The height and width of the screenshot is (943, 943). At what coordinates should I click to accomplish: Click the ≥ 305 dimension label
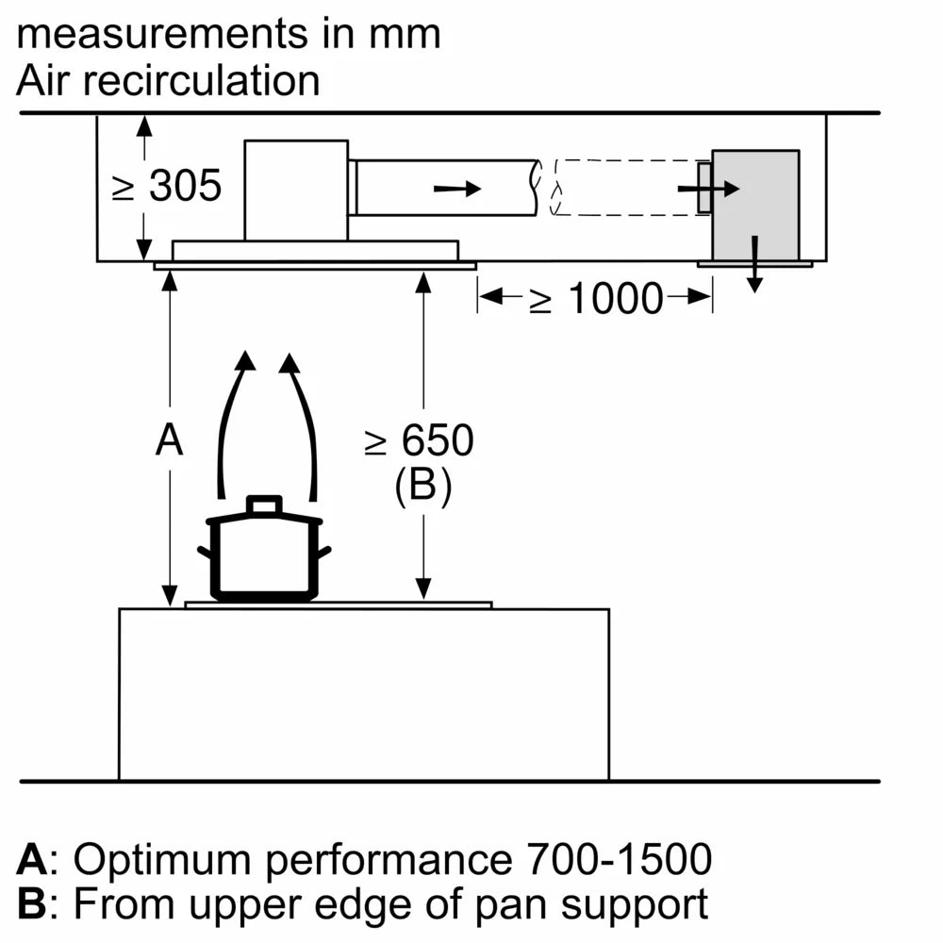coord(167,186)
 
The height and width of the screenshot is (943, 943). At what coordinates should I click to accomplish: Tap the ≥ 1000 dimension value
coord(595,299)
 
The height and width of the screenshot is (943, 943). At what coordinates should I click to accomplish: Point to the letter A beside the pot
coord(169,440)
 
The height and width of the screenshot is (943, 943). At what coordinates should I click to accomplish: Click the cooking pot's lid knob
coord(264,505)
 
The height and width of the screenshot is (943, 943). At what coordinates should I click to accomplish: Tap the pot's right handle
coord(324,552)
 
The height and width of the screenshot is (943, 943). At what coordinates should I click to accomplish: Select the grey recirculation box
coord(754,206)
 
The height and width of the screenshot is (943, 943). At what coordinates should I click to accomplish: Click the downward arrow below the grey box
coord(754,266)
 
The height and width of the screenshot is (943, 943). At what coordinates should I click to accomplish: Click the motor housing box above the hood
coord(296,189)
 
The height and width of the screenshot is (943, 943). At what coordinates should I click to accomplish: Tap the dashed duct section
coord(627,188)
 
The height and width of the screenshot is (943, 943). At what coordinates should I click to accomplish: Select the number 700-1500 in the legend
coord(616,860)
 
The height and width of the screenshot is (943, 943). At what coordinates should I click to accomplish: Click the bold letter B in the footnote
coord(32,904)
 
